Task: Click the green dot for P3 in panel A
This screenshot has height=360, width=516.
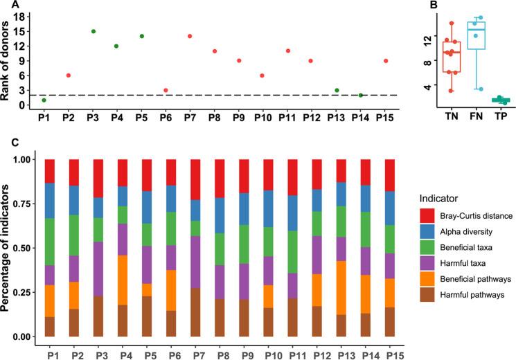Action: pos(93,31)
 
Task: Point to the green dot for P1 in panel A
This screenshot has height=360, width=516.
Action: pos(44,100)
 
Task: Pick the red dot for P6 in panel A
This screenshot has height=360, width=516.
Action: pos(166,91)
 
